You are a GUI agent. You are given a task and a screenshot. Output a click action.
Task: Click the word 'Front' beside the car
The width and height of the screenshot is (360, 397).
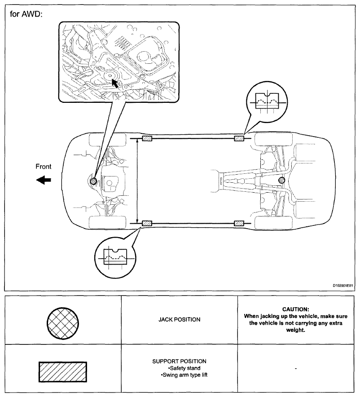click(44, 167)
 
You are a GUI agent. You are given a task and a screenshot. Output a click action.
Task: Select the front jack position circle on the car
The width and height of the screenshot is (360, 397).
click(93, 181)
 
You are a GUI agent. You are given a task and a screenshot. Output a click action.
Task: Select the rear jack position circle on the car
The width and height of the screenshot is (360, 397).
click(281, 181)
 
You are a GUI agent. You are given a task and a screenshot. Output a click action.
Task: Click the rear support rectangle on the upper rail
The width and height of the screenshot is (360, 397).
click(240, 138)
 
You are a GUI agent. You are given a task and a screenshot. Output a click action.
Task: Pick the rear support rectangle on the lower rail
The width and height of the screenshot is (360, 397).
click(240, 223)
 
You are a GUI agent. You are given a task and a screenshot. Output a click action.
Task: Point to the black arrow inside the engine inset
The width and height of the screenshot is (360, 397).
click(116, 83)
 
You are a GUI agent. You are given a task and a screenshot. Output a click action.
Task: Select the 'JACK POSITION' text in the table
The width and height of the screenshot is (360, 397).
click(180, 319)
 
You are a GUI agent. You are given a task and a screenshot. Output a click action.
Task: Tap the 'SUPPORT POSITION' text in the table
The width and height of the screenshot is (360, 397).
click(180, 361)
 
